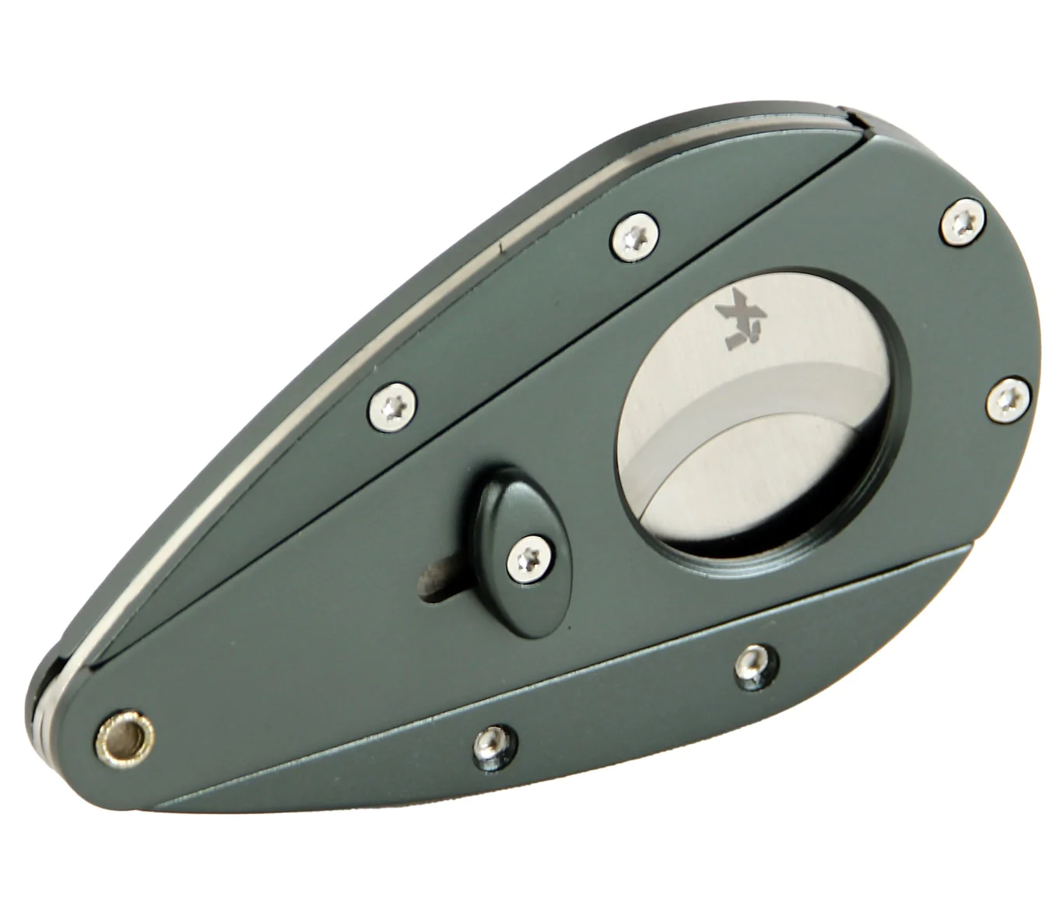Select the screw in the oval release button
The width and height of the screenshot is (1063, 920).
[530, 556]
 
